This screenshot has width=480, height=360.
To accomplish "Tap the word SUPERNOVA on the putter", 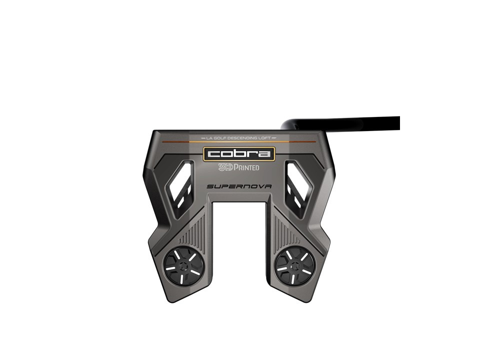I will coord(239,186).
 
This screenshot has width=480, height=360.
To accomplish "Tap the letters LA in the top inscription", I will coord(208,137).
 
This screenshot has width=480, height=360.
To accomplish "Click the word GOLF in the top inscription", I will coord(220,137).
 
